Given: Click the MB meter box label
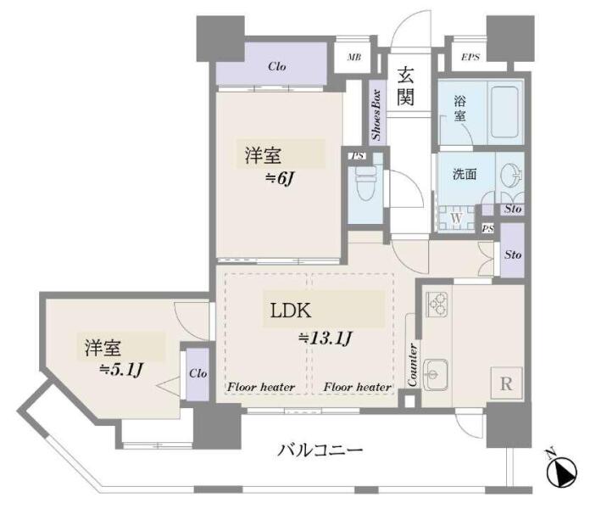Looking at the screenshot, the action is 354,57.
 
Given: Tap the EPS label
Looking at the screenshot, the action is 470,57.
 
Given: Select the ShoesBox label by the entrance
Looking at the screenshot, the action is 376,115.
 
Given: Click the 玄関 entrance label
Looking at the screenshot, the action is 405,87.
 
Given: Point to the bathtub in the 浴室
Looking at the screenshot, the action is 504,111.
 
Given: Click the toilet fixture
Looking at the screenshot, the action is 365,185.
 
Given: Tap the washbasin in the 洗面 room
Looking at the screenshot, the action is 510,176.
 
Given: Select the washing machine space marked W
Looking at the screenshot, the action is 456,218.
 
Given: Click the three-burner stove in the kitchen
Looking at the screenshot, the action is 437,305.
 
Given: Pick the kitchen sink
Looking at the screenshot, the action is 436,375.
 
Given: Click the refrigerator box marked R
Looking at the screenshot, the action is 506,383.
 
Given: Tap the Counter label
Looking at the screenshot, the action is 412,365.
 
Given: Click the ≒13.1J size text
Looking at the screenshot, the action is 326,338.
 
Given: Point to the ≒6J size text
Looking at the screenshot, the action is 279,178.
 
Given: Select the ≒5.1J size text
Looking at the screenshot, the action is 120,370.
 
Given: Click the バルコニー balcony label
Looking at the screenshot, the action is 320,450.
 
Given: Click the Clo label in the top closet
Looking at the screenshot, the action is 277,66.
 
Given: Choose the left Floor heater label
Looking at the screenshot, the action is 261,387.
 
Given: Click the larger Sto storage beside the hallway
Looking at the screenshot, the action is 513,250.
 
